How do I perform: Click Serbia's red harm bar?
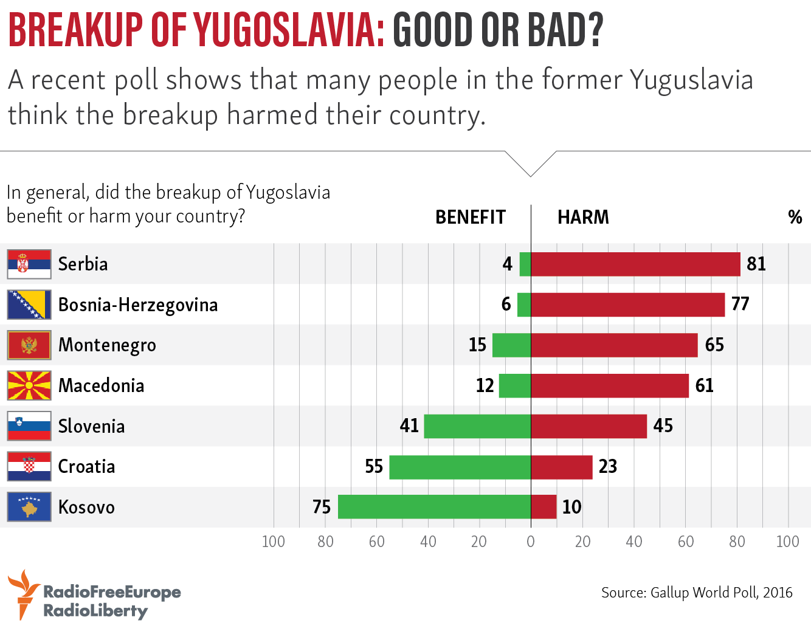click(x=635, y=264)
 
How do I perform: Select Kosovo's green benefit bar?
click(x=434, y=507)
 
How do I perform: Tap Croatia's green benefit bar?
click(x=460, y=467)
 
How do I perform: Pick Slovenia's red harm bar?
click(x=588, y=426)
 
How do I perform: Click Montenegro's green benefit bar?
click(x=511, y=345)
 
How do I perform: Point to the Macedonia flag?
click(x=29, y=385)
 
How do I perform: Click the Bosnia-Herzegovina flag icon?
click(x=29, y=305)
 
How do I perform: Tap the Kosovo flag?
click(x=29, y=507)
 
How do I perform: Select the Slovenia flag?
click(x=29, y=426)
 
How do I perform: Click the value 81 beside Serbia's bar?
click(x=756, y=264)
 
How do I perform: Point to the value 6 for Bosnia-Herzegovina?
click(x=506, y=304)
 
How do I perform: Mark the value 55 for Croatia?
click(x=374, y=466)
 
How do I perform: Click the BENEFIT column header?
click(x=471, y=217)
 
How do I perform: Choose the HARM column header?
click(x=583, y=217)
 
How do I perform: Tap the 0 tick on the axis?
click(x=531, y=542)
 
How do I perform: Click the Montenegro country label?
click(x=107, y=345)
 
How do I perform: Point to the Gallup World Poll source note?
click(x=697, y=592)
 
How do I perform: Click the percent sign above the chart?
click(x=795, y=217)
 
